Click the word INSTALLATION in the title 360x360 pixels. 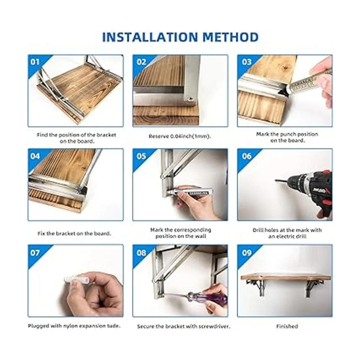(x=150, y=37)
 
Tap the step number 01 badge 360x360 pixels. (x=35, y=62)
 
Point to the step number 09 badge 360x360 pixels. (x=247, y=253)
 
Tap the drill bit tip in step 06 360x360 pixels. (x=276, y=180)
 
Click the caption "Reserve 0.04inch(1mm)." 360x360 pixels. (x=180, y=136)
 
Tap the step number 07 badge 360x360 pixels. (x=35, y=253)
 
